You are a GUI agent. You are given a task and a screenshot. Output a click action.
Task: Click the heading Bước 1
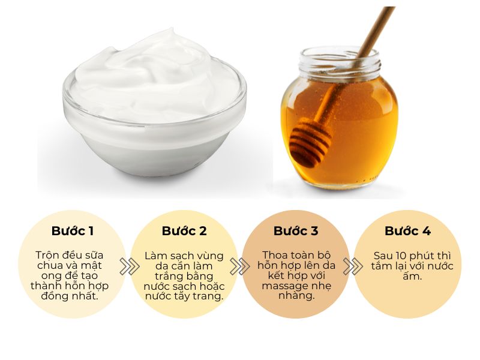tap(72, 231)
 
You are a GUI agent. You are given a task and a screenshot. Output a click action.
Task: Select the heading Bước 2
tap(184, 231)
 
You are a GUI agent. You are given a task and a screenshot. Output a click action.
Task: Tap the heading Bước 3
tap(296, 231)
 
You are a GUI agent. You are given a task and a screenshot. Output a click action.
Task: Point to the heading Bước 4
tap(408, 231)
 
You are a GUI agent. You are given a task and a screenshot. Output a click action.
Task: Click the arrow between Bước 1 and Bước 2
tap(129, 266)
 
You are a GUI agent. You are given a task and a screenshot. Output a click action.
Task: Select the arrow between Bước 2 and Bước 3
tap(239, 266)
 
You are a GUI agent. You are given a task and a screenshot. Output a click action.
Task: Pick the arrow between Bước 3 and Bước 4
tap(353, 266)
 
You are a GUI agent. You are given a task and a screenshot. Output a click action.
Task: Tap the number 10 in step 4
tap(401, 256)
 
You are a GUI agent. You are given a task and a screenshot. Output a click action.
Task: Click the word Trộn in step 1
tap(47, 256)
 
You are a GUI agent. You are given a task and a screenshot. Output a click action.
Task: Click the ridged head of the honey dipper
tap(310, 142)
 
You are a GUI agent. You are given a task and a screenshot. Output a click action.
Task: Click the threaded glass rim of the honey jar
tap(340, 63)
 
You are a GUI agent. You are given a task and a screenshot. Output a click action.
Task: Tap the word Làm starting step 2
tap(156, 256)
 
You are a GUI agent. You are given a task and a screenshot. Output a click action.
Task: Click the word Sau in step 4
tap(383, 256)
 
